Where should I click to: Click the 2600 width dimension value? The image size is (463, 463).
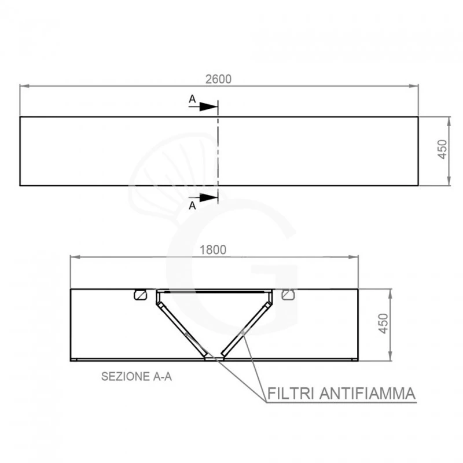click(219, 79)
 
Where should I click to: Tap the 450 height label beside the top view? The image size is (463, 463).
click(442, 151)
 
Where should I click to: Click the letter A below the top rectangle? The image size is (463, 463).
click(192, 205)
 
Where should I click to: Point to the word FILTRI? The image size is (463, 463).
click(289, 394)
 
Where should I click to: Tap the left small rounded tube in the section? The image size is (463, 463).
click(139, 295)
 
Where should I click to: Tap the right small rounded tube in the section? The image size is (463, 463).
click(288, 295)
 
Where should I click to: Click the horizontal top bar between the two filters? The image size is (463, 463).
click(214, 291)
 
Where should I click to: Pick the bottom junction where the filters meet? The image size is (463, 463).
click(214, 357)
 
